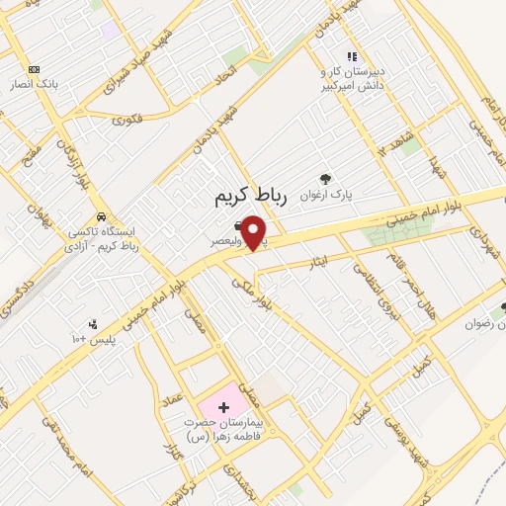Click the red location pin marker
(x=255, y=233)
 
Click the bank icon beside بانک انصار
(x=36, y=69)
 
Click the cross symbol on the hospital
(x=222, y=406)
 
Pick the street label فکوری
(x=128, y=120)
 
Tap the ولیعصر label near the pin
(x=225, y=240)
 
